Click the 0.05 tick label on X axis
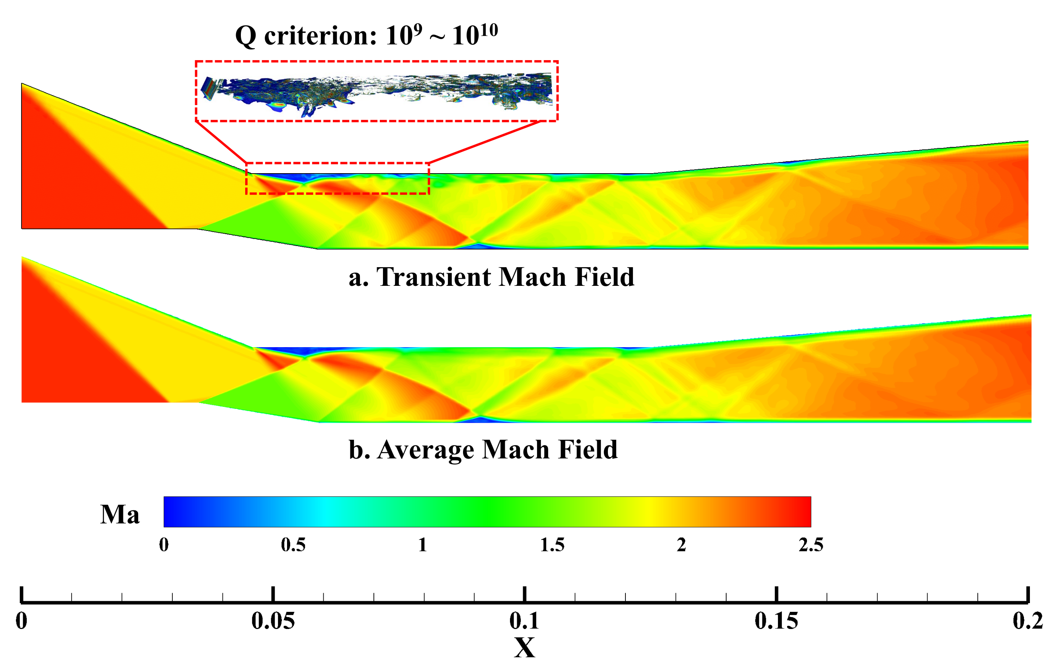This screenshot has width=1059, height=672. (273, 621)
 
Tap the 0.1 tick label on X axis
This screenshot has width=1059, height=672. (524, 621)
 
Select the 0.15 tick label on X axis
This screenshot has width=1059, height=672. (776, 621)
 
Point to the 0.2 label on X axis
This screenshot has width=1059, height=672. (1027, 621)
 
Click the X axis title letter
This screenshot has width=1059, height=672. (524, 648)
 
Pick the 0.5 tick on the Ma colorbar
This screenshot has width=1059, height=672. (293, 545)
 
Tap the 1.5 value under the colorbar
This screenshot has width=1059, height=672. (552, 545)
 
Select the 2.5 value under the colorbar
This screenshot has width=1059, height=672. (811, 545)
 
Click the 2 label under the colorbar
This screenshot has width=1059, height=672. (681, 545)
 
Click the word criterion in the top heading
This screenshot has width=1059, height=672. (320, 36)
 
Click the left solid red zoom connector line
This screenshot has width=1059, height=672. (221, 142)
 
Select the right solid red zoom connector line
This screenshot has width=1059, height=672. (484, 142)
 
